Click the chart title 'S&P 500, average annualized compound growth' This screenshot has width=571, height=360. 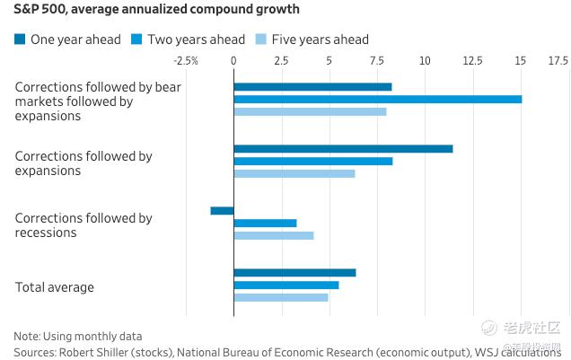click(156, 10)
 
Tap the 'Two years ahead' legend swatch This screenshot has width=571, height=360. click(137, 39)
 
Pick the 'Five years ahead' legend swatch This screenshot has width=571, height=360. click(262, 39)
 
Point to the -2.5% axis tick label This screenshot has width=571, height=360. click(185, 61)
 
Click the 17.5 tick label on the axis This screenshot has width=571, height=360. click(558, 61)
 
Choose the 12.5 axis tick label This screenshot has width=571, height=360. click(472, 61)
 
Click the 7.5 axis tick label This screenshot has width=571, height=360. click(377, 61)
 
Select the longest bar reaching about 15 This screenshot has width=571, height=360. click(377, 99)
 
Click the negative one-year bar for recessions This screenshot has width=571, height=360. click(222, 210)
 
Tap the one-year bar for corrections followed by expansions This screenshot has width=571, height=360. click(343, 148)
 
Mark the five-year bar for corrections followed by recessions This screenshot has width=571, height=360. click(274, 235)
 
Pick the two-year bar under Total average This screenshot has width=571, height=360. click(286, 285)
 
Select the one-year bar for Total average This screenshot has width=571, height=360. click(294, 272)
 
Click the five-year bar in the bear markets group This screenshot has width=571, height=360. click(310, 111)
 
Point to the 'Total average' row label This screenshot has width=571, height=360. click(55, 287)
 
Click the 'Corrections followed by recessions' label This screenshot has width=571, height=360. click(83, 225)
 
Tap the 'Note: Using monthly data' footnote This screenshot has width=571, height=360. click(77, 336)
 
